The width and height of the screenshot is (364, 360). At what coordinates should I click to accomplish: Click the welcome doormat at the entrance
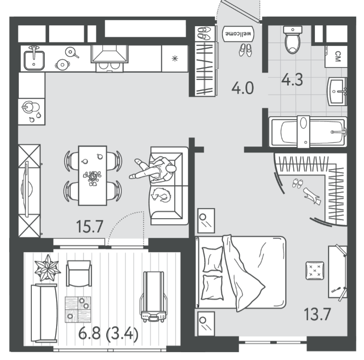pos(238,34)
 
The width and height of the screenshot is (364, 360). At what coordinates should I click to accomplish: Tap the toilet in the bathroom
pos(292,39)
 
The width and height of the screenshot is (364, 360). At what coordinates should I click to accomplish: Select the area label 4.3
pos(292,79)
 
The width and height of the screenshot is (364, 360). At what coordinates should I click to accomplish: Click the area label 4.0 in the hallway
pos(243,88)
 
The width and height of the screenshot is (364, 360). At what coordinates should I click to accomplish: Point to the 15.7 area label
pos(89,227)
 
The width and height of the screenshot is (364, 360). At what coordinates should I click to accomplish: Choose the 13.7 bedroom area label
pos(317,314)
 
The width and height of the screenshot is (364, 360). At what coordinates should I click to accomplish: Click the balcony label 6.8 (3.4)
pos(108,334)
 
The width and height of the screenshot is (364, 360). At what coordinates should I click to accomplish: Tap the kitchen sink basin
pos(34,60)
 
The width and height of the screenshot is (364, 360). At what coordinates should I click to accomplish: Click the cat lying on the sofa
pos(161,195)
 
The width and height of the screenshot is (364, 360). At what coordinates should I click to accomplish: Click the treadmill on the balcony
pos(154,297)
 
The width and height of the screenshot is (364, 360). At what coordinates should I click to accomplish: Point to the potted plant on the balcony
pos(48,268)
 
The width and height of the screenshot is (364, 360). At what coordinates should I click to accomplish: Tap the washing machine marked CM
pos(336,56)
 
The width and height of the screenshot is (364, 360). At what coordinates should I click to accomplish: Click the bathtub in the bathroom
pos(308,132)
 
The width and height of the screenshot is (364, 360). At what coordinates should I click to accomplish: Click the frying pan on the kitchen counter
pos(72,53)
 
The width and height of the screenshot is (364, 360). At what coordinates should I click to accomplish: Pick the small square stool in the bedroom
pos(315,270)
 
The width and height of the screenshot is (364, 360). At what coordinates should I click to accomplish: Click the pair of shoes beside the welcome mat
pos(245,50)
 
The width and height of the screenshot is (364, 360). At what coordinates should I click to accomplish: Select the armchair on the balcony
pos(79,273)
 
